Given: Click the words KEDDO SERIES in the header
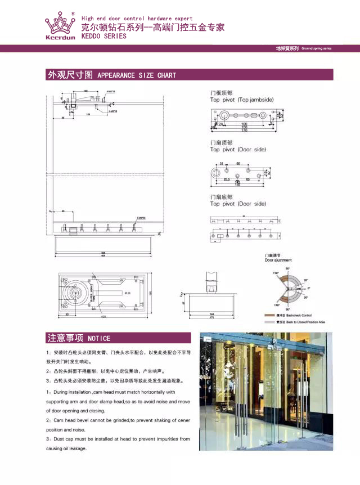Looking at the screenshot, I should tap(104, 36).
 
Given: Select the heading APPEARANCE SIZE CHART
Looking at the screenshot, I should tap(137, 75).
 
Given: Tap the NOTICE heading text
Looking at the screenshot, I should tap(99, 339).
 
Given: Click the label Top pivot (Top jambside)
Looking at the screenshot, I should tap(240, 100).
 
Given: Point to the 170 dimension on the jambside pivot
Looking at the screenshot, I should tap(244, 131).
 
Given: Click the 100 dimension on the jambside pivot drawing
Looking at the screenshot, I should tap(244, 123).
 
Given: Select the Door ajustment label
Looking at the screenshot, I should tap(278, 261).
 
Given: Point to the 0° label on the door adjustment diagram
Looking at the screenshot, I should tap(308, 289).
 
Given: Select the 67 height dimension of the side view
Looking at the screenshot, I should tap(182, 303).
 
